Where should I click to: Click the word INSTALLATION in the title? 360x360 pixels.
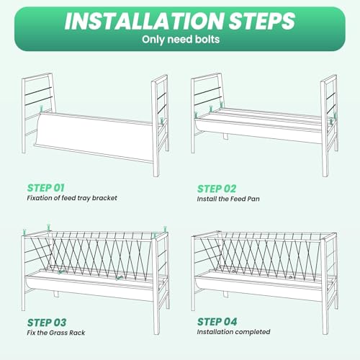pyautogui.click(x=145, y=21)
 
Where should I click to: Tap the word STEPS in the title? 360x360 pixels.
pyautogui.click(x=262, y=21)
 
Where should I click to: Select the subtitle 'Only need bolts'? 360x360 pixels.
pyautogui.click(x=181, y=40)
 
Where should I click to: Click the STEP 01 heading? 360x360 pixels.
pyautogui.click(x=45, y=188)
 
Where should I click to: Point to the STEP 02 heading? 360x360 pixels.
pyautogui.click(x=217, y=189)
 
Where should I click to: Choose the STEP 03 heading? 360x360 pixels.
pyautogui.click(x=47, y=323)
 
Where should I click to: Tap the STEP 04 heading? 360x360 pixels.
pyautogui.click(x=217, y=322)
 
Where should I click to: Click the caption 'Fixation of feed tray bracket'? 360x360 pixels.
pyautogui.click(x=72, y=198)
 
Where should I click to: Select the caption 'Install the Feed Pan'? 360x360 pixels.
pyautogui.click(x=228, y=199)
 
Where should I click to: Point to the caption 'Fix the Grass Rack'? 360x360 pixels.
pyautogui.click(x=56, y=333)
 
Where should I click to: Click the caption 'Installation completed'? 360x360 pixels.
pyautogui.click(x=233, y=332)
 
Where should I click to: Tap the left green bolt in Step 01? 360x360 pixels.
pyautogui.click(x=42, y=108)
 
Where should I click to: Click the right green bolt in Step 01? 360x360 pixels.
pyautogui.click(x=162, y=121)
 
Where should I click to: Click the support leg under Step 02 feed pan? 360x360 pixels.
pyautogui.click(x=225, y=136)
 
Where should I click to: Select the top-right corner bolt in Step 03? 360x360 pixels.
pyautogui.click(x=165, y=229)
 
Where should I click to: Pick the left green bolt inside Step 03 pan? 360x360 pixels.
pyautogui.click(x=61, y=272)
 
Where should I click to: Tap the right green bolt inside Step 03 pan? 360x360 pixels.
pyautogui.click(x=120, y=278)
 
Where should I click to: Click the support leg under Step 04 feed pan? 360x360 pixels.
pyautogui.click(x=225, y=294)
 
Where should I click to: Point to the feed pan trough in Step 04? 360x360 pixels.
pyautogui.click(x=259, y=286)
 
